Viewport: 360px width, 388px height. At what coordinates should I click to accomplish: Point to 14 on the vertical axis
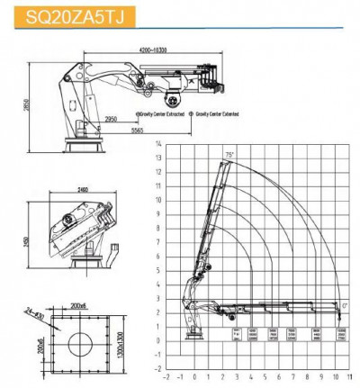click(x=157, y=144)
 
